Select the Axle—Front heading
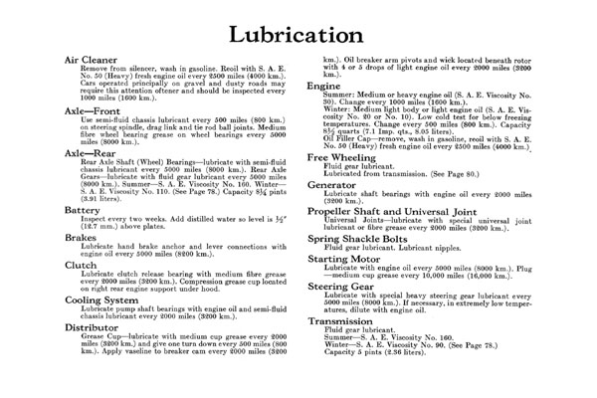pyautogui.click(x=83, y=111)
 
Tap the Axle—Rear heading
pyautogui.click(x=81, y=155)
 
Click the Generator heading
pyautogui.click(x=337, y=184)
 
